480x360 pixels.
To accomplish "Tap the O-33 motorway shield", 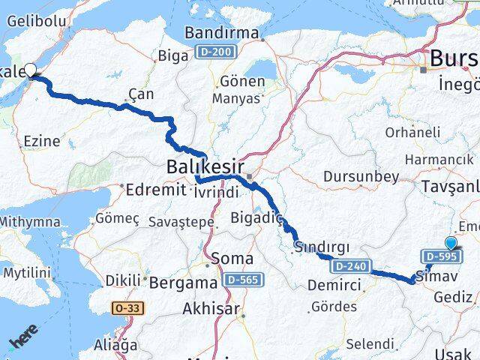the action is (x=129, y=307).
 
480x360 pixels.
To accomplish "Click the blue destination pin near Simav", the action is (x=450, y=243).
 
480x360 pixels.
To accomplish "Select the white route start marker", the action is (x=31, y=70).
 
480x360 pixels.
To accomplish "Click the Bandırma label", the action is (x=223, y=34).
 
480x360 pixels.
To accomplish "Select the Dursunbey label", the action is (x=360, y=177).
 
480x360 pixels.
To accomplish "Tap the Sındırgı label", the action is (x=319, y=247).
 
